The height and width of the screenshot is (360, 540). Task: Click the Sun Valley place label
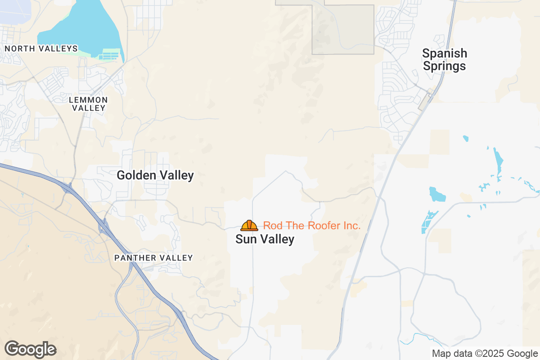pyautogui.click(x=265, y=239)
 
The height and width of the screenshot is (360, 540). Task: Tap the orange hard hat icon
pyautogui.click(x=249, y=225)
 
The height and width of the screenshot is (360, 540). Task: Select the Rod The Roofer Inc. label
pyautogui.click(x=311, y=225)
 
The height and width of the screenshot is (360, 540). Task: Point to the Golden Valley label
pyautogui.click(x=155, y=175)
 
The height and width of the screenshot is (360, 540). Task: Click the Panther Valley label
pyautogui.click(x=153, y=258)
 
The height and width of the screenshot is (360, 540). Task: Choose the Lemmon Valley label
pyautogui.click(x=89, y=103)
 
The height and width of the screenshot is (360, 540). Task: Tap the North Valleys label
pyautogui.click(x=41, y=48)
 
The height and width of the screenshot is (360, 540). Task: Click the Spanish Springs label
pyautogui.click(x=444, y=60)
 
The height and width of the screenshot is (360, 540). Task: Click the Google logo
pyautogui.click(x=30, y=349)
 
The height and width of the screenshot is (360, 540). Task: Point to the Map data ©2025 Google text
pyautogui.click(x=485, y=353)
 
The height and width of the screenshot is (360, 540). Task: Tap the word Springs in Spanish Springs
pyautogui.click(x=444, y=67)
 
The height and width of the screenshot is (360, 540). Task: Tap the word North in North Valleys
pyautogui.click(x=20, y=48)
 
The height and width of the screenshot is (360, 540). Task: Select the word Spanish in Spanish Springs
pyautogui.click(x=445, y=54)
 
